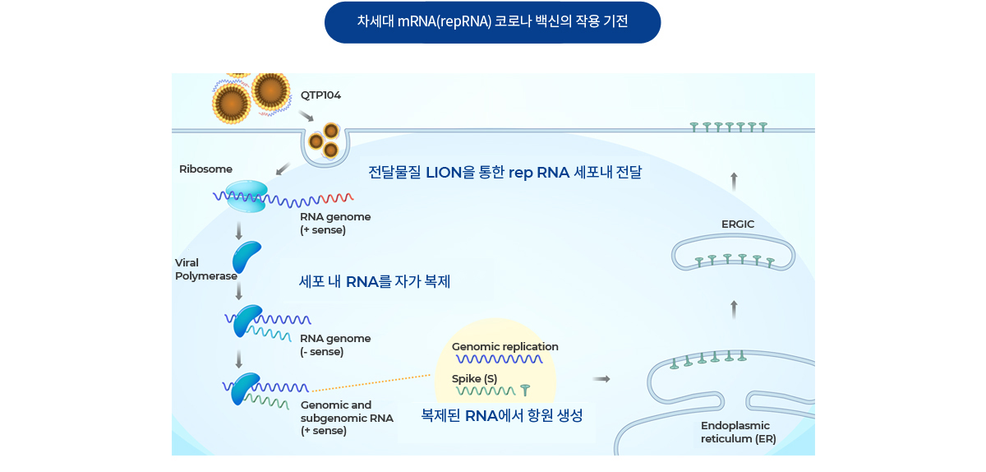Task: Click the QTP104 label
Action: (x=320, y=95)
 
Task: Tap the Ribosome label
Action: (x=205, y=169)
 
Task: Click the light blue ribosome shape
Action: (x=246, y=196)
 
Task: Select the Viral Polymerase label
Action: (x=206, y=269)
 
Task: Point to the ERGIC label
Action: (x=738, y=224)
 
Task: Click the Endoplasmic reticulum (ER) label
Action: (x=738, y=433)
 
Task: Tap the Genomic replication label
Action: (x=505, y=347)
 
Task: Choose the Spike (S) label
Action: (x=475, y=379)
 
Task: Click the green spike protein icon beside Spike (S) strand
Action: (x=525, y=390)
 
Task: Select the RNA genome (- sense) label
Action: (x=335, y=345)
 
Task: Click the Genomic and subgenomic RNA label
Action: (x=347, y=418)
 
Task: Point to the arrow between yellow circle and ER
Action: (x=601, y=379)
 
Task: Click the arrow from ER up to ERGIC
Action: (x=734, y=309)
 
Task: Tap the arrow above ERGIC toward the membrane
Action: (x=734, y=182)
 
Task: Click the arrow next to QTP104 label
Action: (x=306, y=116)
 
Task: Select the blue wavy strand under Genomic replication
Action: (x=500, y=359)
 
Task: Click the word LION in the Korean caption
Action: (x=444, y=173)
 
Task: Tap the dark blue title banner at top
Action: (x=492, y=22)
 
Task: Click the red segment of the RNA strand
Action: (x=337, y=198)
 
